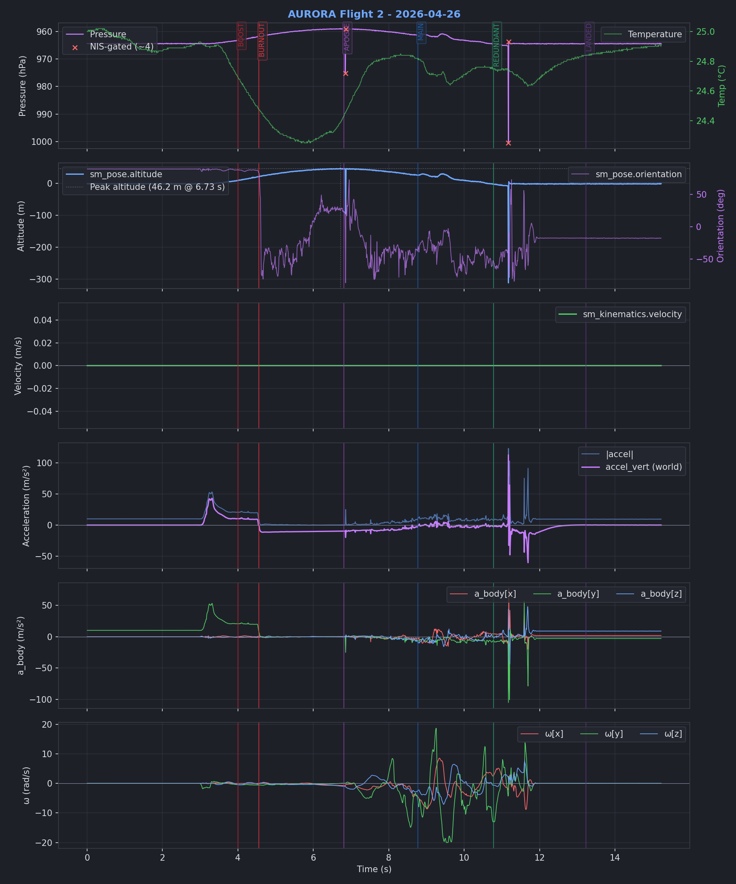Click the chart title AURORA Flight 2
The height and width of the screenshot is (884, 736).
(x=374, y=14)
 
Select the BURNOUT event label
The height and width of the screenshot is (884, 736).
(x=262, y=41)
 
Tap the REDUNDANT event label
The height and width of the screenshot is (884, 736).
(x=497, y=45)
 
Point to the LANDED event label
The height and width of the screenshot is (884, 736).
(x=589, y=38)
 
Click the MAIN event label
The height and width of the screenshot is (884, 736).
(x=421, y=32)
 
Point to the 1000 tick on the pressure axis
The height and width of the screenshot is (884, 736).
(x=42, y=142)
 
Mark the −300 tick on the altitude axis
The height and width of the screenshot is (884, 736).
(x=41, y=280)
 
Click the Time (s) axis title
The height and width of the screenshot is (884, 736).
(x=374, y=869)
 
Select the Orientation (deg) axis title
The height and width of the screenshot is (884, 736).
(x=721, y=226)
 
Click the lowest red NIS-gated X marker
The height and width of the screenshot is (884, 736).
(x=508, y=143)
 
